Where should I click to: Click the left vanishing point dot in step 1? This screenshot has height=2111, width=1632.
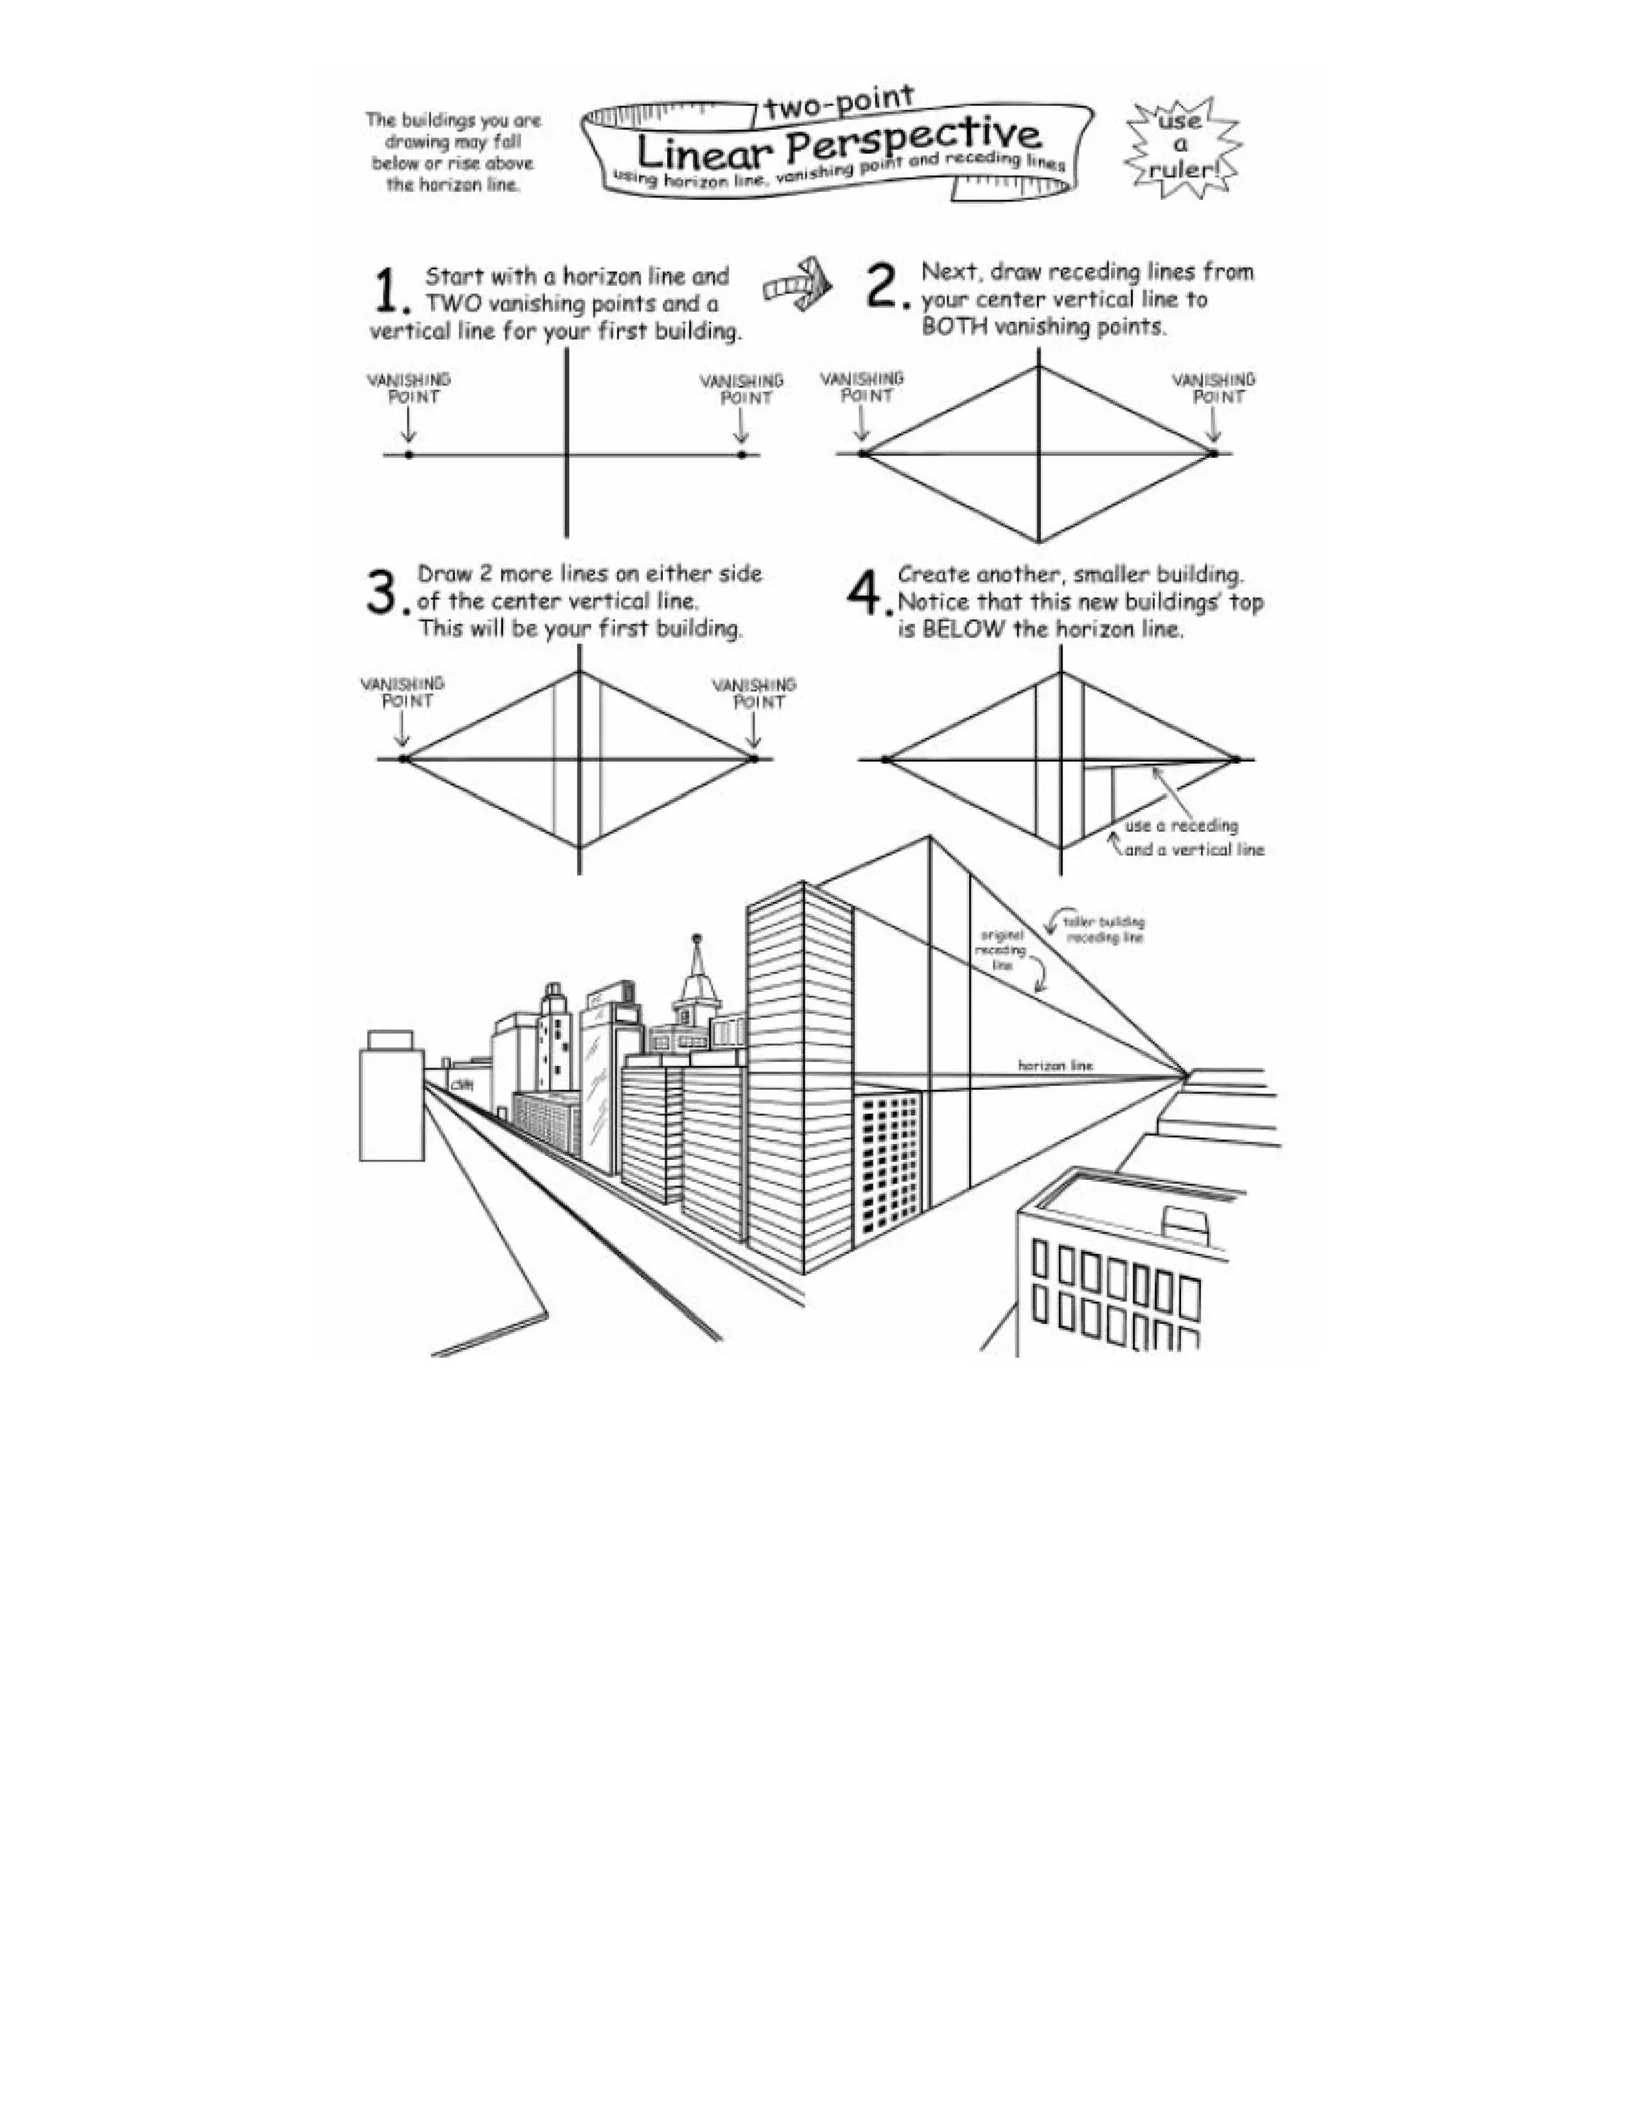(x=409, y=454)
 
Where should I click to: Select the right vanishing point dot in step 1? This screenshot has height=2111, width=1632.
(x=742, y=454)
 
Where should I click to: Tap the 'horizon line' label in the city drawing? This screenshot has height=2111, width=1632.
(x=1055, y=1065)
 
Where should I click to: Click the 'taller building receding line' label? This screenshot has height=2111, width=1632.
(x=1104, y=930)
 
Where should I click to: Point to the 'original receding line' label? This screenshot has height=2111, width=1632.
(x=1002, y=950)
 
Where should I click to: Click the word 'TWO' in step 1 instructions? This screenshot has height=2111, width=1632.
(x=453, y=304)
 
